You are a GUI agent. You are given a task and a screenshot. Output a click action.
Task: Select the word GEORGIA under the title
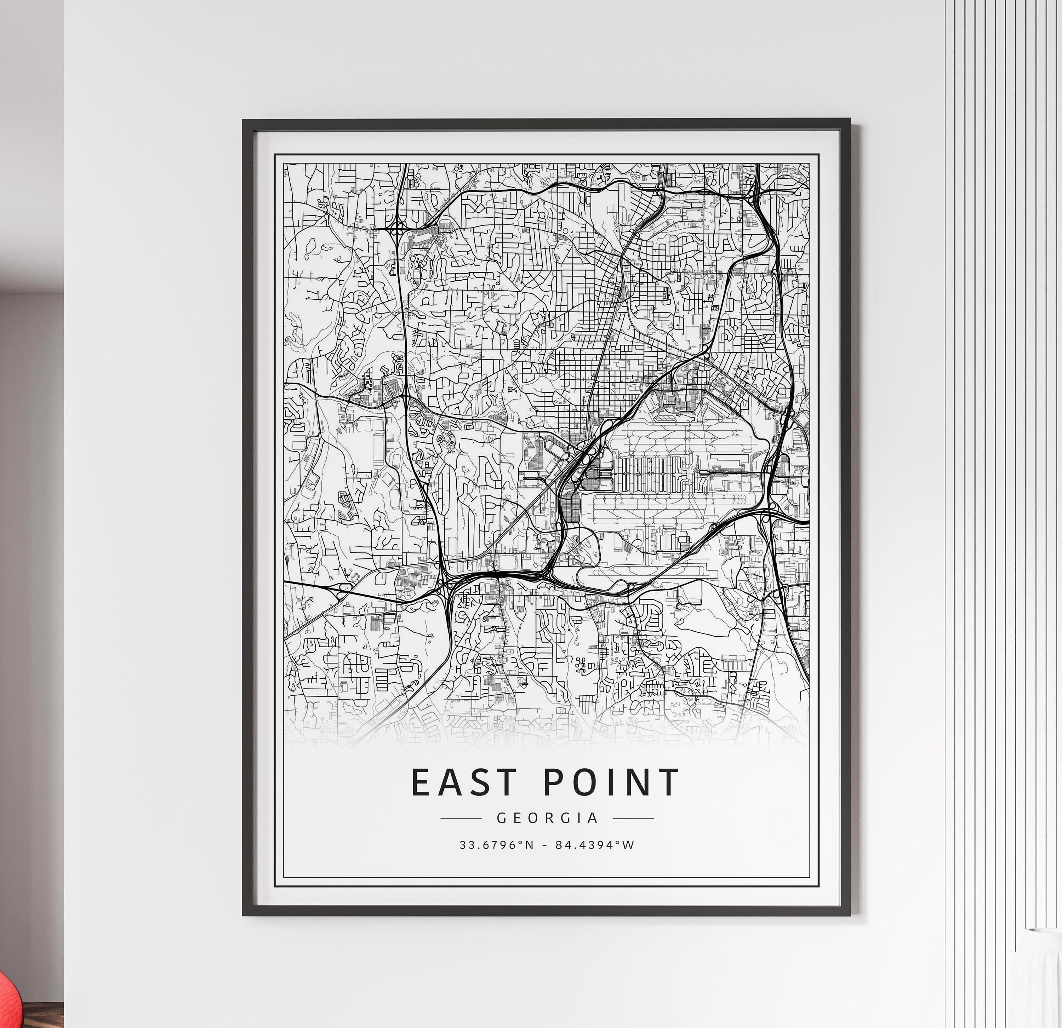click(547, 818)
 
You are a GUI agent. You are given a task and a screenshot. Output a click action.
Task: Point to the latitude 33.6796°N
click(496, 845)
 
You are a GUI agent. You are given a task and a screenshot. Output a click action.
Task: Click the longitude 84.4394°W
click(594, 845)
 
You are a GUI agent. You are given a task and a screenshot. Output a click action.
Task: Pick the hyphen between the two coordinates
click(546, 845)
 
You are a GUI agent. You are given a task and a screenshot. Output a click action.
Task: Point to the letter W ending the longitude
click(629, 845)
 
